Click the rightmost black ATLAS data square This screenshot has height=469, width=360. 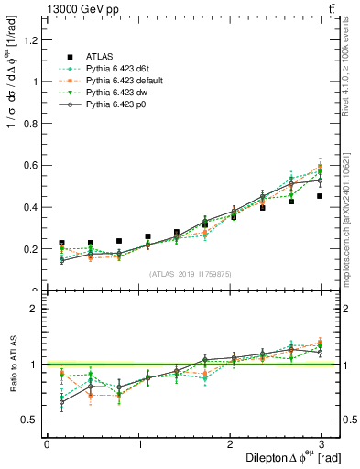click(x=320, y=196)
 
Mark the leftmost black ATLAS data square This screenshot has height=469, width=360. click(x=61, y=243)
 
